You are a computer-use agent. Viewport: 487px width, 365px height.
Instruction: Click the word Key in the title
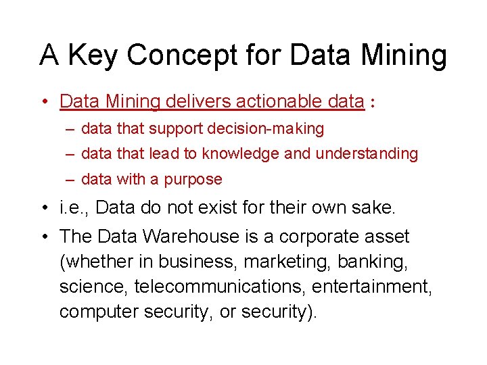point(91,55)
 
